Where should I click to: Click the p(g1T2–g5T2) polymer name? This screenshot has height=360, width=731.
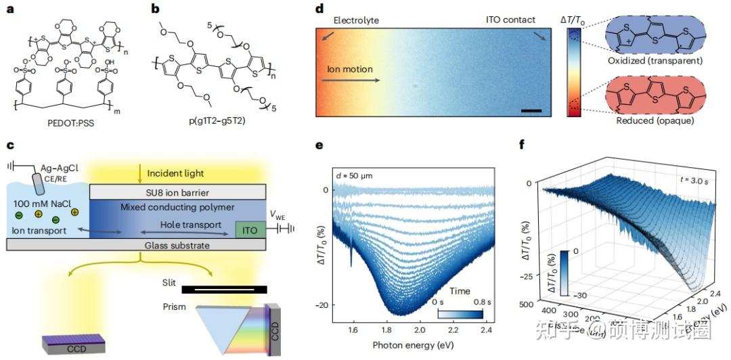(215, 122)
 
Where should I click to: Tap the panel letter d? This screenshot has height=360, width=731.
(319, 9)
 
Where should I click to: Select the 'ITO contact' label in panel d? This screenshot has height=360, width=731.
(510, 20)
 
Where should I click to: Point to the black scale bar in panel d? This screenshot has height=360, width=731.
(531, 110)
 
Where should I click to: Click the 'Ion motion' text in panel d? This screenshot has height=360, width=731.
(350, 69)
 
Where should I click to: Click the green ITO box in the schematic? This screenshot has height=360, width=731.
(249, 230)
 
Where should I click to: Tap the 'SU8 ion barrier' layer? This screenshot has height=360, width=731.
(179, 193)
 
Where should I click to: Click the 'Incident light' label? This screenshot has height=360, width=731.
(175, 174)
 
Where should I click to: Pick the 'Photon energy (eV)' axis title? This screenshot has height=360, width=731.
(412, 344)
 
